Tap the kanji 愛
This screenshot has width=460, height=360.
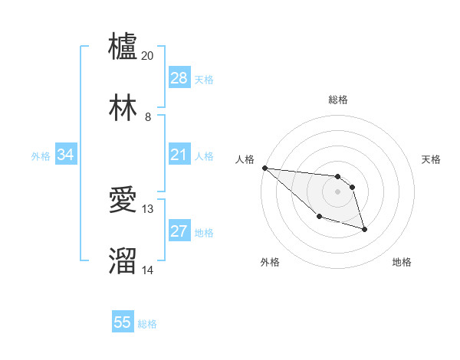coord(123,201)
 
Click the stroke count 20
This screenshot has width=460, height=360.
coord(148,56)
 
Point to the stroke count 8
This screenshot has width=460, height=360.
coord(148,117)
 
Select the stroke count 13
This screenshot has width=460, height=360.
coord(148,208)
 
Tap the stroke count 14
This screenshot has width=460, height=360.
coord(148,270)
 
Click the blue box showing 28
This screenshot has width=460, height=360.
coord(179,78)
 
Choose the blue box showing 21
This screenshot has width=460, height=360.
coord(179,155)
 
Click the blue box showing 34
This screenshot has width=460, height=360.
coord(66,155)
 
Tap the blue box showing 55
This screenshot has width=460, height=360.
coord(123,323)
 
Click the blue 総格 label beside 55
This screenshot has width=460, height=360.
coord(147,324)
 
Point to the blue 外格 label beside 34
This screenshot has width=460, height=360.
coord(41,156)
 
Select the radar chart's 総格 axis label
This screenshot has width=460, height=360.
coord(338,100)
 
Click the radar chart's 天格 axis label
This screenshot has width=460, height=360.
coord(432,159)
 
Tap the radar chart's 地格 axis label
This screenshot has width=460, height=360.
coord(402,262)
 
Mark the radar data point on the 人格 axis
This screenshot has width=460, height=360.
coord(264,168)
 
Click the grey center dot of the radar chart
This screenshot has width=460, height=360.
coord(338,191)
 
